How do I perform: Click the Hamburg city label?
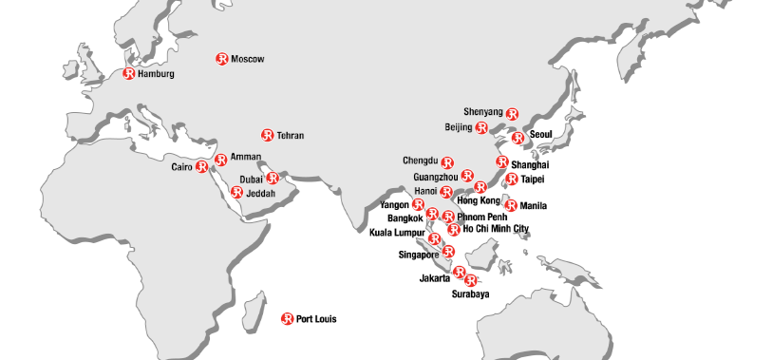tap(156, 74)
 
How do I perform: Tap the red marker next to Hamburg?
tap(129, 73)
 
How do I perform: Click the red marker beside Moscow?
tap(222, 59)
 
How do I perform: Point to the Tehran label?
tap(291, 136)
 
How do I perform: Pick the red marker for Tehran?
tap(268, 135)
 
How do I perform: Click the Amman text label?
tap(245, 157)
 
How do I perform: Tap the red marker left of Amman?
tap(220, 160)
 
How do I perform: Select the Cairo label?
tap(181, 167)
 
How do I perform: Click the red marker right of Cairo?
tap(202, 167)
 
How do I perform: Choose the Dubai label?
tap(252, 179)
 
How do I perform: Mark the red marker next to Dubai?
tap(273, 178)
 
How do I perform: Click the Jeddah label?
tap(260, 193)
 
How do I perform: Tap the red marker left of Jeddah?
tap(236, 192)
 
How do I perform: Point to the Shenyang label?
tap(483, 112)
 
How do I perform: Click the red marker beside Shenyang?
tap(513, 114)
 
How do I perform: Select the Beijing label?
tap(459, 127)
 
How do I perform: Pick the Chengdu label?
tap(421, 161)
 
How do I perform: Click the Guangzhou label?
tap(436, 177)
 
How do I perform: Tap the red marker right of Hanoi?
tap(446, 192)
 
